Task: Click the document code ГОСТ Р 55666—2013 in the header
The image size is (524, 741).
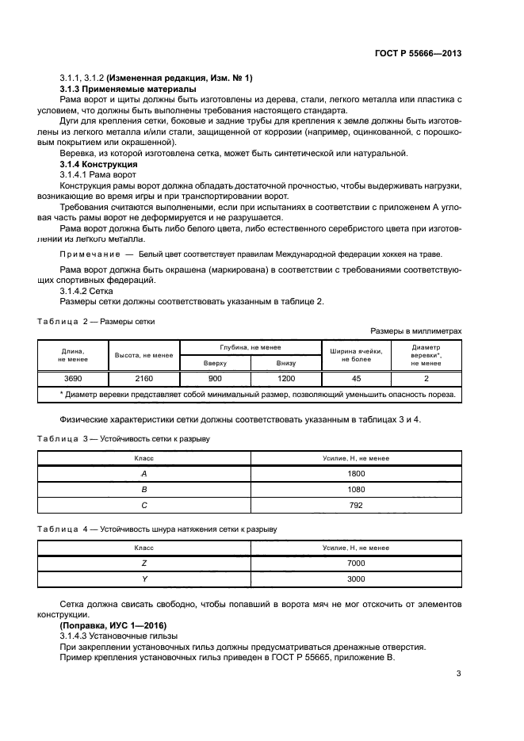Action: [418, 53]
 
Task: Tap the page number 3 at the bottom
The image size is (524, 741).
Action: [459, 674]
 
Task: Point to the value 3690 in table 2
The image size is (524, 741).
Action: [74, 378]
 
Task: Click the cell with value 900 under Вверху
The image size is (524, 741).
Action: [215, 378]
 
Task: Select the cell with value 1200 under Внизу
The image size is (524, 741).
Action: [285, 378]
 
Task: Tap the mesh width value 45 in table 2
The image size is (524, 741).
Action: [356, 378]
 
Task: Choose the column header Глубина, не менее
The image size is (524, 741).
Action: [251, 348]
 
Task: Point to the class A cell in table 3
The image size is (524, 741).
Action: [144, 473]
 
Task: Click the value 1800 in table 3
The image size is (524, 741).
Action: [356, 473]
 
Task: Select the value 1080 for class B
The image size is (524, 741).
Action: [356, 488]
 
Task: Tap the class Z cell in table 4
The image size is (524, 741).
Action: [144, 563]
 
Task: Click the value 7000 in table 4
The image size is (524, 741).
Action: [356, 563]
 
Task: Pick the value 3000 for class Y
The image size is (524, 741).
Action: [356, 579]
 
